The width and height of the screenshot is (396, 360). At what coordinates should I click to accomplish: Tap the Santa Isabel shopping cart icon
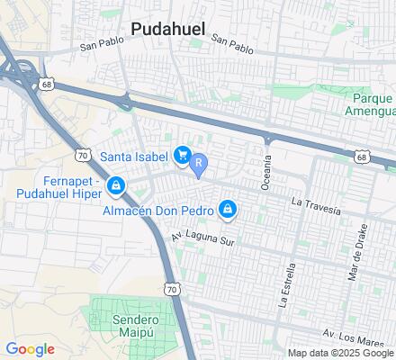tap(183, 156)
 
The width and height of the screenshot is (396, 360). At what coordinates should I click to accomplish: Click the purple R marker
tap(200, 164)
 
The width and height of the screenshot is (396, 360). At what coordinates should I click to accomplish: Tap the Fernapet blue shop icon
tap(115, 186)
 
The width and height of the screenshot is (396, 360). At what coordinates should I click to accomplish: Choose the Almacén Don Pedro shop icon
tap(228, 211)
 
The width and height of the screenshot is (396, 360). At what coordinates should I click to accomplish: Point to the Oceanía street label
tap(266, 168)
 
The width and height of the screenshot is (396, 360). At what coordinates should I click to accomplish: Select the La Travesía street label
tap(316, 206)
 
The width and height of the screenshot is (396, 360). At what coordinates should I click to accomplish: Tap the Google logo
tap(30, 349)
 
